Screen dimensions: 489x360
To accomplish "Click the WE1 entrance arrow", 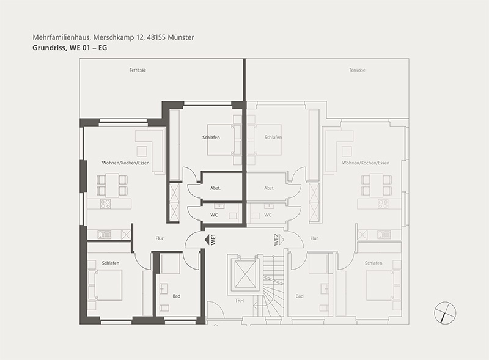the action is [x=207, y=240].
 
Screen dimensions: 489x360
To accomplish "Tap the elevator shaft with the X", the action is [x=245, y=274].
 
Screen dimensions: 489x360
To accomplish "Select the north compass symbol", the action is [x=445, y=312].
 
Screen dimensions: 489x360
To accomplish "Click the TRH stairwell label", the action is [x=240, y=301].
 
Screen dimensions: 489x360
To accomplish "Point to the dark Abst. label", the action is [x=216, y=188].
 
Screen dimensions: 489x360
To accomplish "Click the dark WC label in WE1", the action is [x=214, y=215].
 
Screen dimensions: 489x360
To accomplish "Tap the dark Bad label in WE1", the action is [x=177, y=296].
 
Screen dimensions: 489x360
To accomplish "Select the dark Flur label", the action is [x=160, y=238].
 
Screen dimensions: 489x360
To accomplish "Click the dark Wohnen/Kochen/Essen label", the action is [x=126, y=163].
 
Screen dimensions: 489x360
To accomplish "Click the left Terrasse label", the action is [x=138, y=70].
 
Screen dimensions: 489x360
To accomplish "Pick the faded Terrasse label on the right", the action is [x=357, y=70].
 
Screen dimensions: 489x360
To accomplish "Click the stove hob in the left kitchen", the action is [x=105, y=204].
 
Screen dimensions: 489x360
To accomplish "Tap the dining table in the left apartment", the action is [x=112, y=185].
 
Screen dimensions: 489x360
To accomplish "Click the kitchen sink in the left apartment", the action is [x=104, y=234].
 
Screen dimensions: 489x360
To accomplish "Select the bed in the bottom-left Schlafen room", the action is [x=108, y=285].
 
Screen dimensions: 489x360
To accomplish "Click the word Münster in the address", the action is [x=181, y=37].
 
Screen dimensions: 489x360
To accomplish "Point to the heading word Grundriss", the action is [x=48, y=48].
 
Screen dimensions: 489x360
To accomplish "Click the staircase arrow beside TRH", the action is [x=259, y=306].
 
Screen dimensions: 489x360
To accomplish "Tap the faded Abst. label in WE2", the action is [x=269, y=188].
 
